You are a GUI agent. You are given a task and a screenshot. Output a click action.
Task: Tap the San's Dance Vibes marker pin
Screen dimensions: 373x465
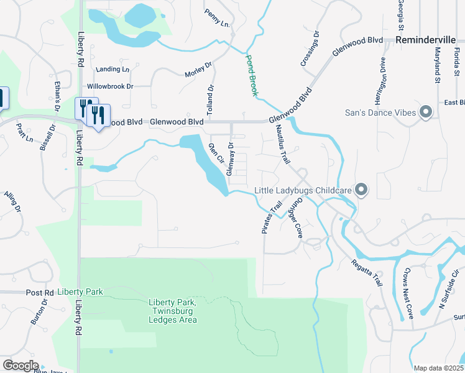[x=426, y=113]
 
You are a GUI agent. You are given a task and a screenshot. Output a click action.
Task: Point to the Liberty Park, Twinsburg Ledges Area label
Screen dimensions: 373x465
[x=172, y=311]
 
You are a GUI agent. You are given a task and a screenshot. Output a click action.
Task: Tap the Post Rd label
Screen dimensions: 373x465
[x=40, y=292]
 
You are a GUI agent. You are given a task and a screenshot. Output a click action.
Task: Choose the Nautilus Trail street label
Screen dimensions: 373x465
[x=283, y=145]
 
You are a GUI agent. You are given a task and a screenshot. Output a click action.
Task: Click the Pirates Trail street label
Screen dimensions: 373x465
[x=269, y=218]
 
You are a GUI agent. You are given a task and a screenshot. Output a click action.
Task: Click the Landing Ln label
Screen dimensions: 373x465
[x=113, y=70]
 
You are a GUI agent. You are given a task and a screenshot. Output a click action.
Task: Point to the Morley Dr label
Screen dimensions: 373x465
[x=198, y=70]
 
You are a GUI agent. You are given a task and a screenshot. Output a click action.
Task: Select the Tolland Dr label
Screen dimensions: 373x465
[x=210, y=99]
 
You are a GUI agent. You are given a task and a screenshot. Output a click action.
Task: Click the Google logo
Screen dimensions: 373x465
[x=20, y=366]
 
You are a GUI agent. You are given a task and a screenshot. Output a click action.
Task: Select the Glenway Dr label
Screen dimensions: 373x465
[x=230, y=159]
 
